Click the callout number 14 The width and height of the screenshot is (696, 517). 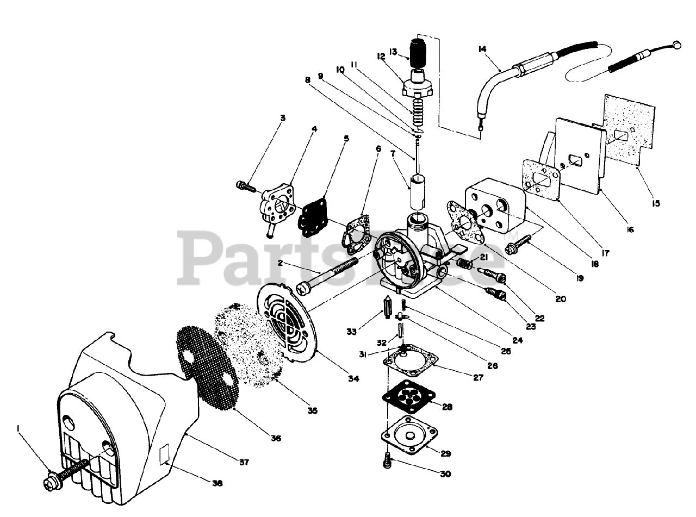tap(482, 49)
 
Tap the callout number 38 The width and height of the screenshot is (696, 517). tap(217, 483)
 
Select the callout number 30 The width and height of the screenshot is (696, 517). tap(445, 474)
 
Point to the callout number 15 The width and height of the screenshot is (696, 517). tap(655, 203)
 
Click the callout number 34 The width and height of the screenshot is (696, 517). tap(353, 378)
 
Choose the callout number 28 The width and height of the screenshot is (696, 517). tap(448, 407)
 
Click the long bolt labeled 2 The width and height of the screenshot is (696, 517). tap(326, 275)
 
